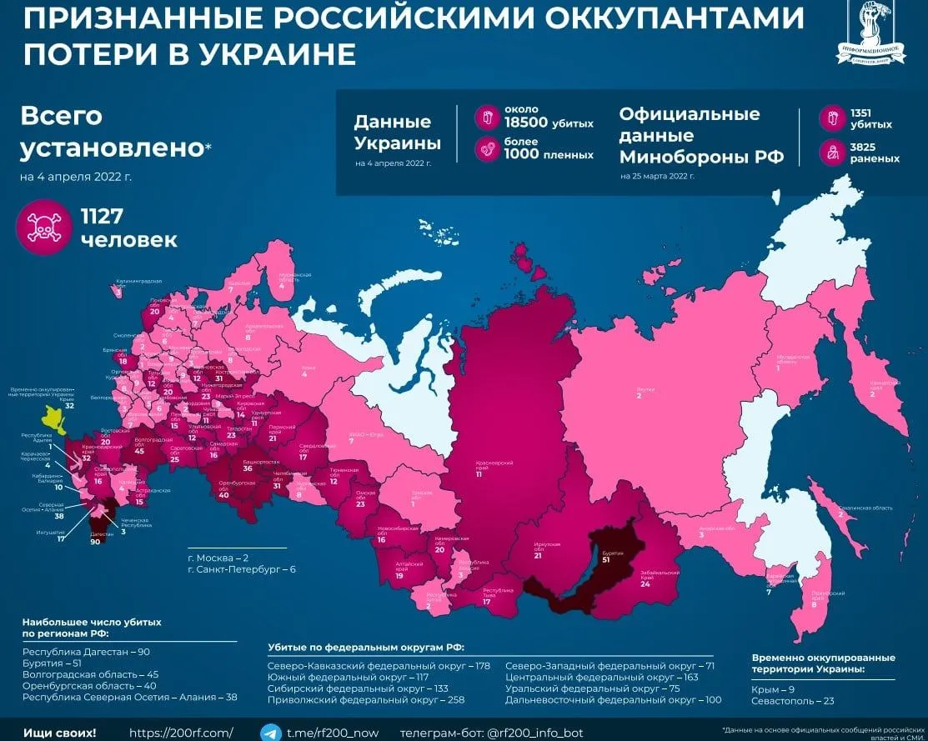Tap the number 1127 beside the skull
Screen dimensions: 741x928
click(102, 217)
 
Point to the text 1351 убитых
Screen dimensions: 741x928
click(870, 119)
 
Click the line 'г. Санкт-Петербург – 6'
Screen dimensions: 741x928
click(241, 570)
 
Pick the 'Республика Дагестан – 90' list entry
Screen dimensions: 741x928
click(86, 651)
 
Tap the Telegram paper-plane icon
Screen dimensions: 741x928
click(270, 733)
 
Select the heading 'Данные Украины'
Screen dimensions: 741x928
click(398, 133)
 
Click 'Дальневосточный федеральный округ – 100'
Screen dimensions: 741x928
click(614, 701)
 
